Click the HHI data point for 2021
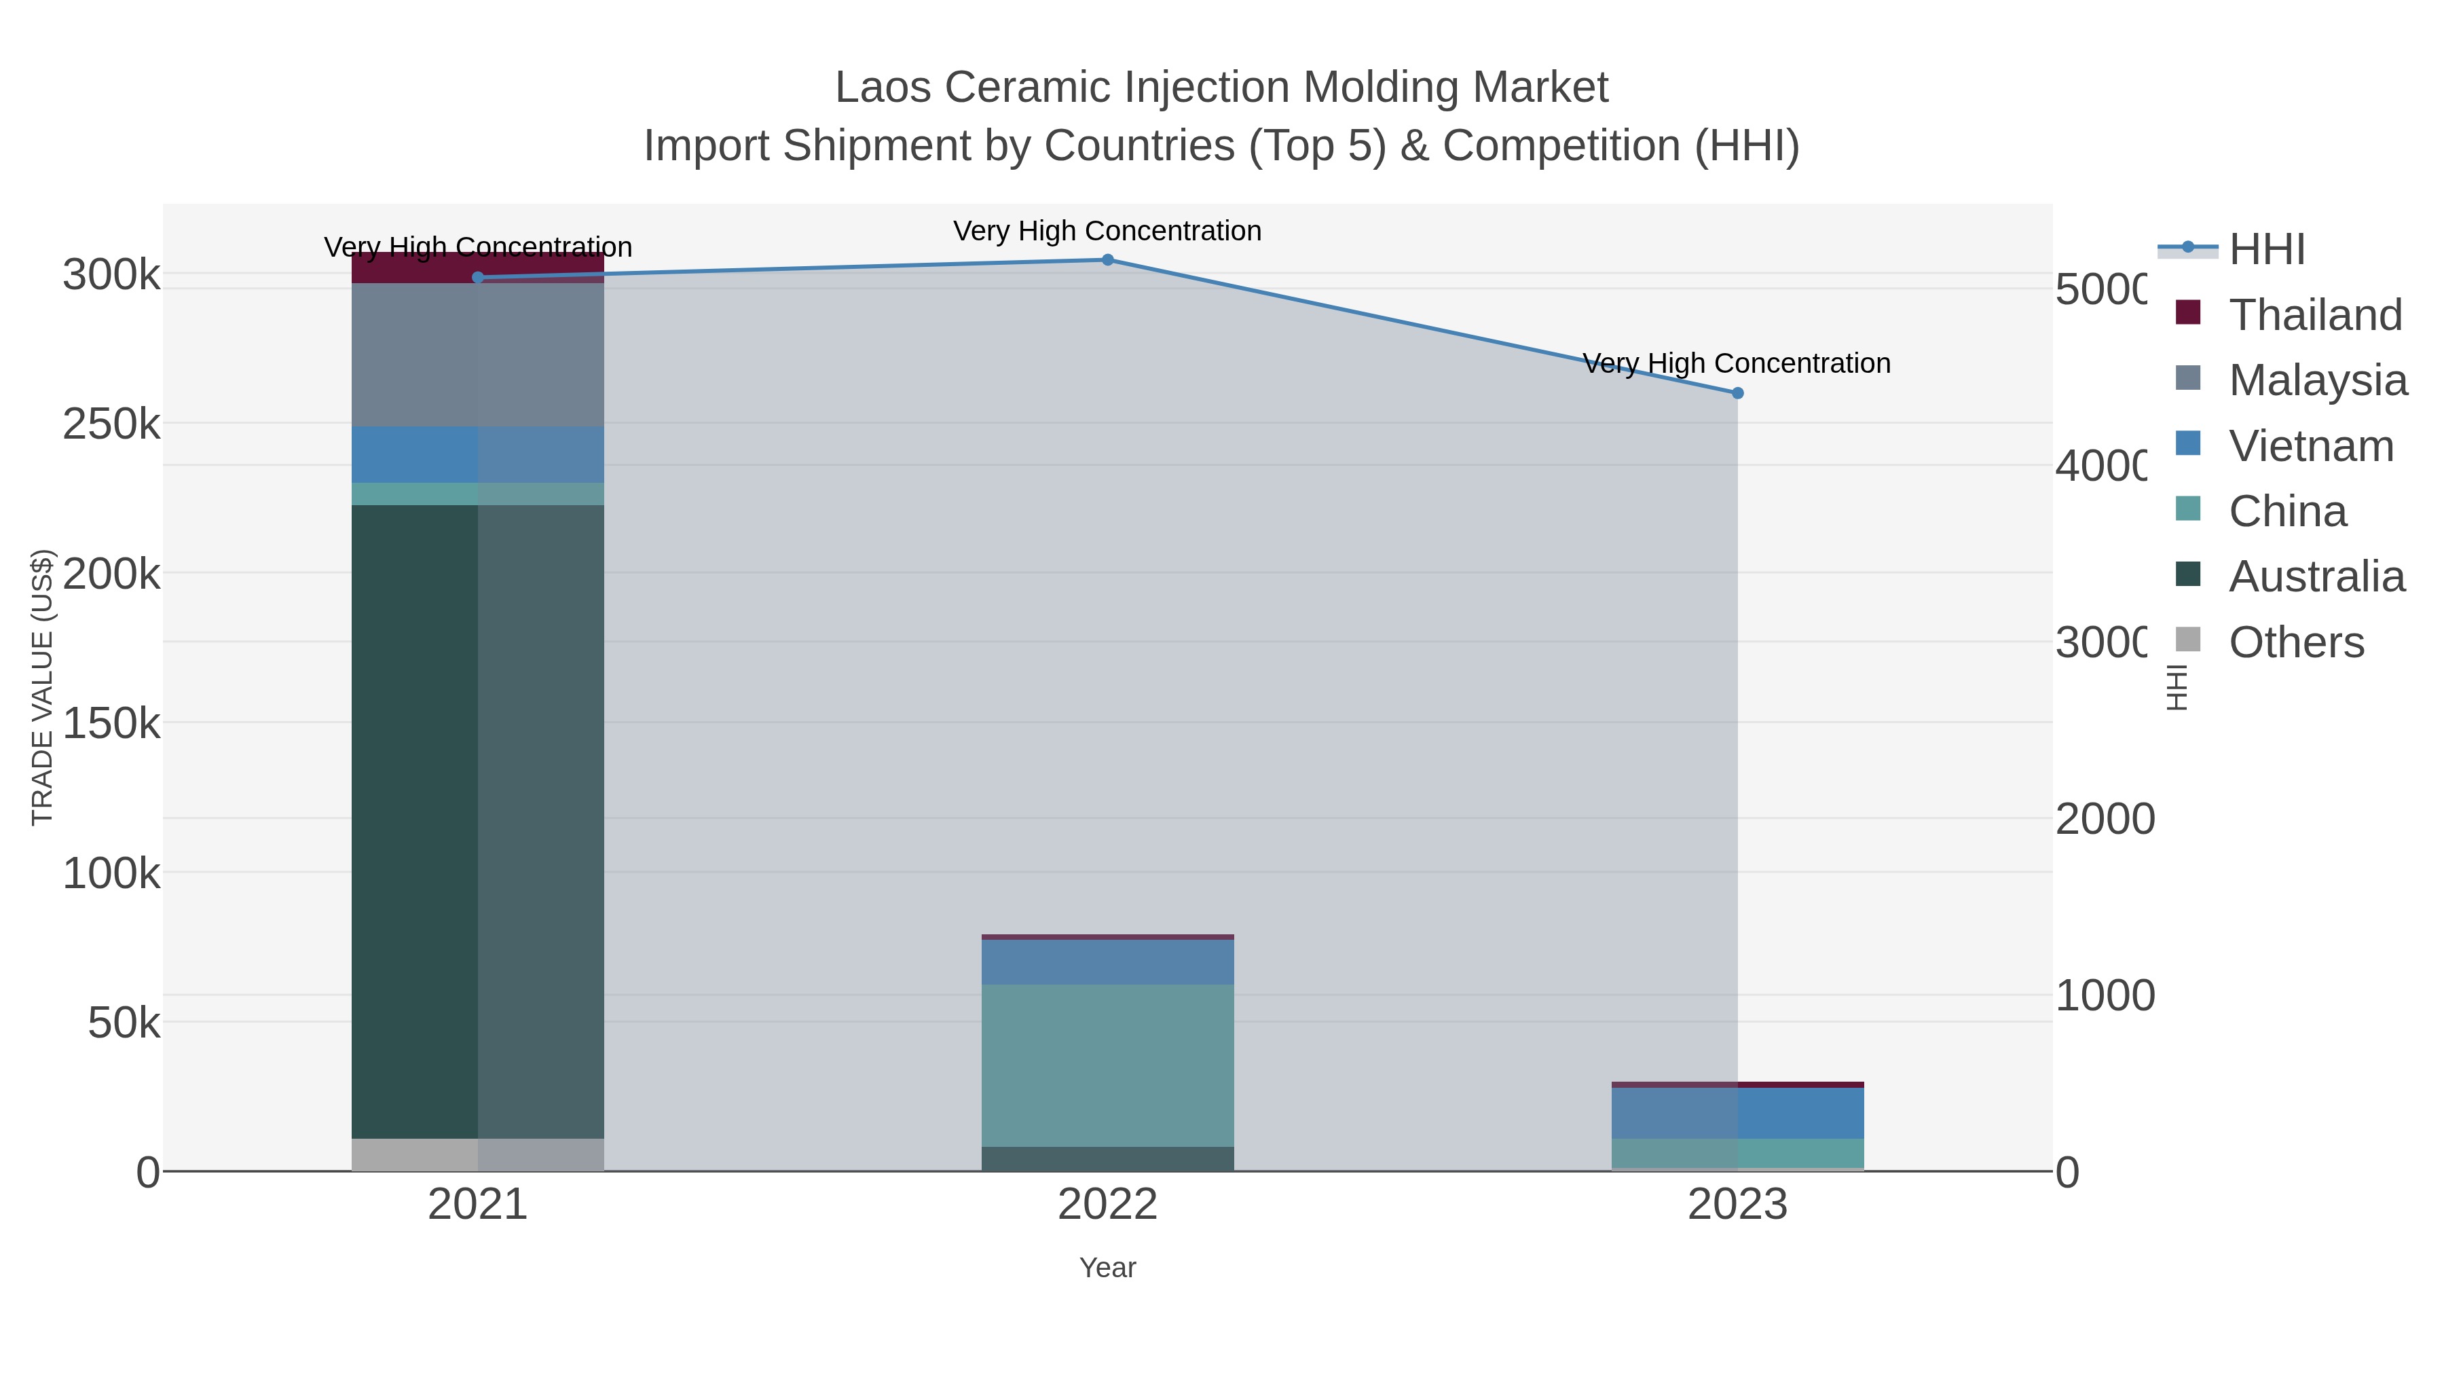click(478, 277)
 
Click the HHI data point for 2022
click(1107, 260)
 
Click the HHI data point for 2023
click(1737, 393)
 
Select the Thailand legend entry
click(2315, 315)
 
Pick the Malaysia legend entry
click(2318, 380)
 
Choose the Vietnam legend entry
click(2311, 446)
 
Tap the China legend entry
click(2287, 511)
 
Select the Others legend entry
click(2296, 642)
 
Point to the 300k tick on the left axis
click(111, 275)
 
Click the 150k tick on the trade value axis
click(111, 724)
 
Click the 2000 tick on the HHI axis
click(2105, 819)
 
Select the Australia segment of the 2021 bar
click(478, 821)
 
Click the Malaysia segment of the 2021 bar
click(478, 355)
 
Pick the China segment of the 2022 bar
click(1107, 1065)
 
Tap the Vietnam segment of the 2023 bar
click(1737, 1113)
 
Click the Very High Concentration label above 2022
click(1107, 231)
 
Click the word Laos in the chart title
click(883, 88)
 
